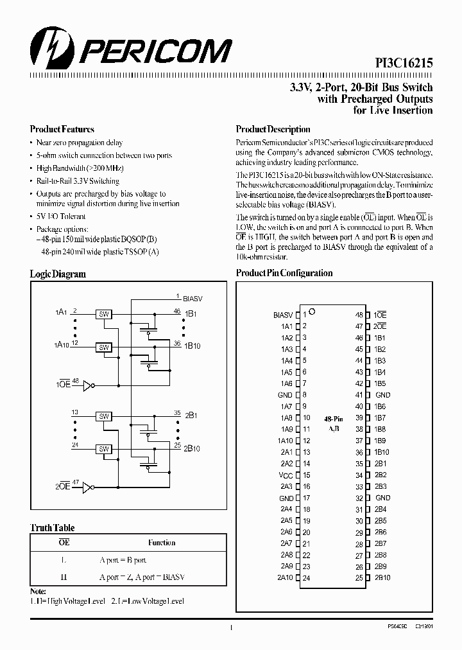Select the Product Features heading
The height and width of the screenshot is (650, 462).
click(x=62, y=129)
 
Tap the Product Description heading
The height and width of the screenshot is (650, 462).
click(x=273, y=129)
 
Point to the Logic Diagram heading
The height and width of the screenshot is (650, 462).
click(x=58, y=274)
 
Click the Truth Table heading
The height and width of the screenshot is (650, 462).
click(x=53, y=528)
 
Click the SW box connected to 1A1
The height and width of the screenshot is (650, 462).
click(x=103, y=314)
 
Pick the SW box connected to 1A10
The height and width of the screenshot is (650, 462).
click(x=103, y=347)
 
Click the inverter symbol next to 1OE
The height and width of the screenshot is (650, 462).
click(x=87, y=385)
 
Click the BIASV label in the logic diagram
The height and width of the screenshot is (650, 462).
click(x=193, y=299)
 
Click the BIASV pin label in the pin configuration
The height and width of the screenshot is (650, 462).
click(x=283, y=315)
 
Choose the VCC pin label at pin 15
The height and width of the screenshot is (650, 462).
click(x=286, y=475)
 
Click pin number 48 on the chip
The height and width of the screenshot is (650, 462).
click(x=359, y=315)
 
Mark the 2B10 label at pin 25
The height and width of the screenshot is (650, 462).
click(x=382, y=578)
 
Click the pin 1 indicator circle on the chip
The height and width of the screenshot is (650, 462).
click(x=312, y=312)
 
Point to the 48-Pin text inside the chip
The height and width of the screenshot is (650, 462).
click(x=333, y=417)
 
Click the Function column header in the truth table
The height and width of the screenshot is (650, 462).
click(x=162, y=543)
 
